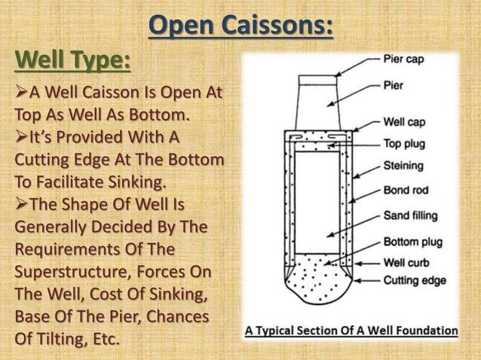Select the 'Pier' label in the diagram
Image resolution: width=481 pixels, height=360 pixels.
point(394,85)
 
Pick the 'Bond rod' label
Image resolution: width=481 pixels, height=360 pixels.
point(406,191)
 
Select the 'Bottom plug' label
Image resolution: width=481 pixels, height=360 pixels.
point(411,243)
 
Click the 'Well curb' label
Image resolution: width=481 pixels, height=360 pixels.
point(406,263)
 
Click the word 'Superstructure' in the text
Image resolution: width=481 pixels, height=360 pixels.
point(64,270)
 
